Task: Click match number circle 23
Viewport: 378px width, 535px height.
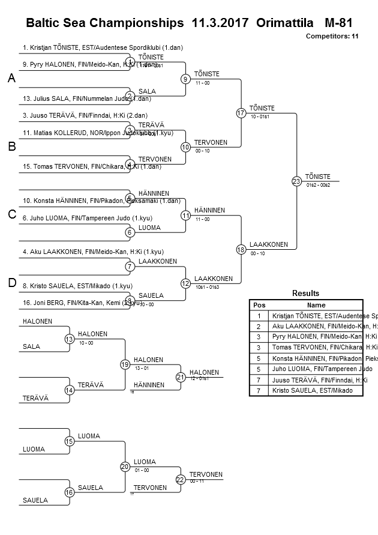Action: tap(296, 181)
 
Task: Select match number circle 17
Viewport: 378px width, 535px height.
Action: tap(241, 112)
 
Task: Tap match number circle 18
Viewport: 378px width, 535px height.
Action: tap(241, 249)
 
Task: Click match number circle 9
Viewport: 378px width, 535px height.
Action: tap(185, 79)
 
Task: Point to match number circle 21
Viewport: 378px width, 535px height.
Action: tap(180, 377)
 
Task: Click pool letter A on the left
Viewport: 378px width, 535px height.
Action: tap(11, 79)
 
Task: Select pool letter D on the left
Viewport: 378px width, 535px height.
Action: tap(11, 283)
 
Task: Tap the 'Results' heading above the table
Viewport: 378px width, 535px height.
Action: tap(305, 294)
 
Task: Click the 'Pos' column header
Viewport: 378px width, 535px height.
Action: tap(259, 304)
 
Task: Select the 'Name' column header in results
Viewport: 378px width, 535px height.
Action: tap(316, 304)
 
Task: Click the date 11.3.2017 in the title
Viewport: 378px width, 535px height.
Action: tap(220, 23)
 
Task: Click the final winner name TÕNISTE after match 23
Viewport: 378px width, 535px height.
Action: tap(317, 176)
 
